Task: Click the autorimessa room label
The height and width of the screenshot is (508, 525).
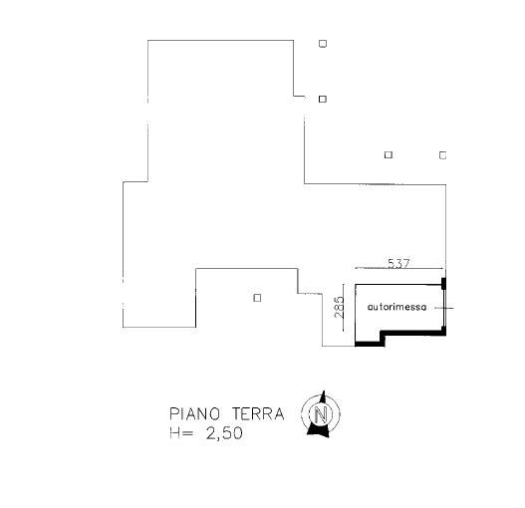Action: [x=396, y=307]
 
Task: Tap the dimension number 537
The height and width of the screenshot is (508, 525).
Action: [x=398, y=263]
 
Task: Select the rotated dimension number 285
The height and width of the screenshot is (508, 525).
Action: [x=339, y=307]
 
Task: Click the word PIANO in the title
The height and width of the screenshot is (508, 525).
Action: [x=194, y=414]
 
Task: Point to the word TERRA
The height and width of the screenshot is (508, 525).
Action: [x=258, y=414]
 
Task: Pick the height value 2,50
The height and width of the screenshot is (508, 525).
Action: [x=224, y=433]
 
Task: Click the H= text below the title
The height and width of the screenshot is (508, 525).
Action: [x=181, y=433]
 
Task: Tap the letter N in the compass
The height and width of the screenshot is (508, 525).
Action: [x=321, y=414]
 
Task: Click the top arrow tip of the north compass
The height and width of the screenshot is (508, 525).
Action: [x=324, y=390]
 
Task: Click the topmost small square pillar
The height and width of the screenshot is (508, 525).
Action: [x=323, y=44]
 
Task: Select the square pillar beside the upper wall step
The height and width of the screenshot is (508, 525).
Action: [x=323, y=100]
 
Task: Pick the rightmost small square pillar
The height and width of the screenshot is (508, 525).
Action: [x=442, y=155]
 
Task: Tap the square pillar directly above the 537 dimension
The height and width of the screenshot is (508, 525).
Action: [x=389, y=155]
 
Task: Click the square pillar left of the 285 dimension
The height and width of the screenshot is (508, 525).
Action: [x=257, y=298]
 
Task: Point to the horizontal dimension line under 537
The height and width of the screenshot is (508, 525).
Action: [x=399, y=268]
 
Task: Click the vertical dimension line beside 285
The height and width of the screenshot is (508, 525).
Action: [x=344, y=308]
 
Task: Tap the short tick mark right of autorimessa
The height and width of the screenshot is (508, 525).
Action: [x=444, y=308]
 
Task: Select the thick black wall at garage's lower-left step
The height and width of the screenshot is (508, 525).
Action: [x=370, y=343]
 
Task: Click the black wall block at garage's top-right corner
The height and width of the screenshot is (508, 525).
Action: [x=443, y=283]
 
